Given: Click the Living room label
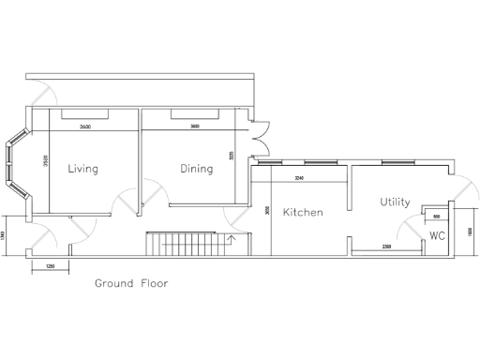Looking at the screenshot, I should [x=83, y=169].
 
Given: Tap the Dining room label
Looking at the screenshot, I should [x=197, y=169].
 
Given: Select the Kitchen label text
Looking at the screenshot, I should [x=303, y=213].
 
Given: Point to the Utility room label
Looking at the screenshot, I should [x=395, y=202].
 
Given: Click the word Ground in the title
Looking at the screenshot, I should [x=114, y=282].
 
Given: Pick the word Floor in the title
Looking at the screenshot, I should [x=154, y=282].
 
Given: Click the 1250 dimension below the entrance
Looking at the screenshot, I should [x=49, y=266].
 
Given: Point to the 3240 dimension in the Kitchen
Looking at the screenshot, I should [x=299, y=177].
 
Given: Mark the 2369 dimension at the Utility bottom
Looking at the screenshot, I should [x=386, y=246].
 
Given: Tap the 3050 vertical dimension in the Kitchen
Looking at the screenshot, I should [x=267, y=211].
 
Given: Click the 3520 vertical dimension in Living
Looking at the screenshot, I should [x=46, y=161].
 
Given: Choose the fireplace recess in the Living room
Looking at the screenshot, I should [x=85, y=114].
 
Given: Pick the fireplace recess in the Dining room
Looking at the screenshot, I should [x=195, y=114].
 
